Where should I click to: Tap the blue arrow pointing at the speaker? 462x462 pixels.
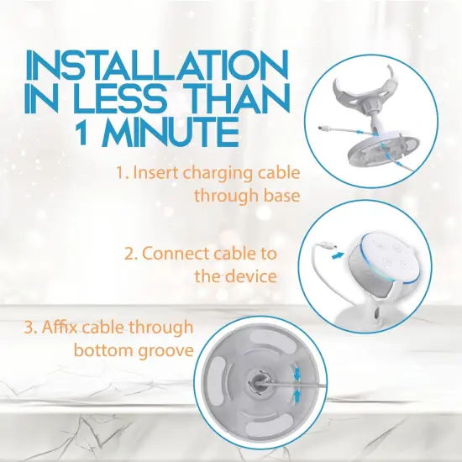[x=336, y=251]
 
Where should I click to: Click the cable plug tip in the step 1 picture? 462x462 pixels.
[x=327, y=129]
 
